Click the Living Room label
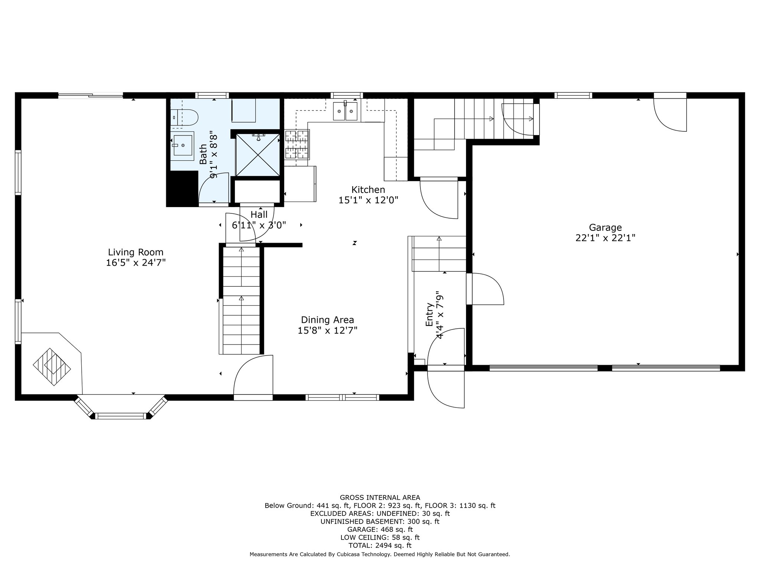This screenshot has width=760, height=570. [x=135, y=252]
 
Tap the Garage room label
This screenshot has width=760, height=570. [x=605, y=227]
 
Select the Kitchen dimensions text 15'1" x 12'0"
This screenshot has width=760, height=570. [x=368, y=200]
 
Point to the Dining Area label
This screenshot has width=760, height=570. [x=327, y=320]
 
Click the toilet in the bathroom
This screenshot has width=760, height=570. [x=184, y=117]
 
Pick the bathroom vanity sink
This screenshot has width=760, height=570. [x=183, y=145]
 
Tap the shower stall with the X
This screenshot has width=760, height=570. [x=258, y=154]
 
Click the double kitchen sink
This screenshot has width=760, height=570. [x=345, y=111]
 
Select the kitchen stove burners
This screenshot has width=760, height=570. [x=297, y=144]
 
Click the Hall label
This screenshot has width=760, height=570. [x=259, y=214]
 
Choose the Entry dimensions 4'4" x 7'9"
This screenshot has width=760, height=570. [x=440, y=315]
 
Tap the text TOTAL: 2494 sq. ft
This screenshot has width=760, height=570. [x=380, y=546]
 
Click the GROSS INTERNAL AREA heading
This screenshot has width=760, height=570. [x=380, y=498]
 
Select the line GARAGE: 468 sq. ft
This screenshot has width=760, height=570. [x=380, y=530]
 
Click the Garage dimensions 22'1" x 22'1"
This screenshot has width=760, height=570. [x=605, y=238]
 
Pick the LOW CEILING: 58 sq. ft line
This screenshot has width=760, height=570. [x=380, y=537]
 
